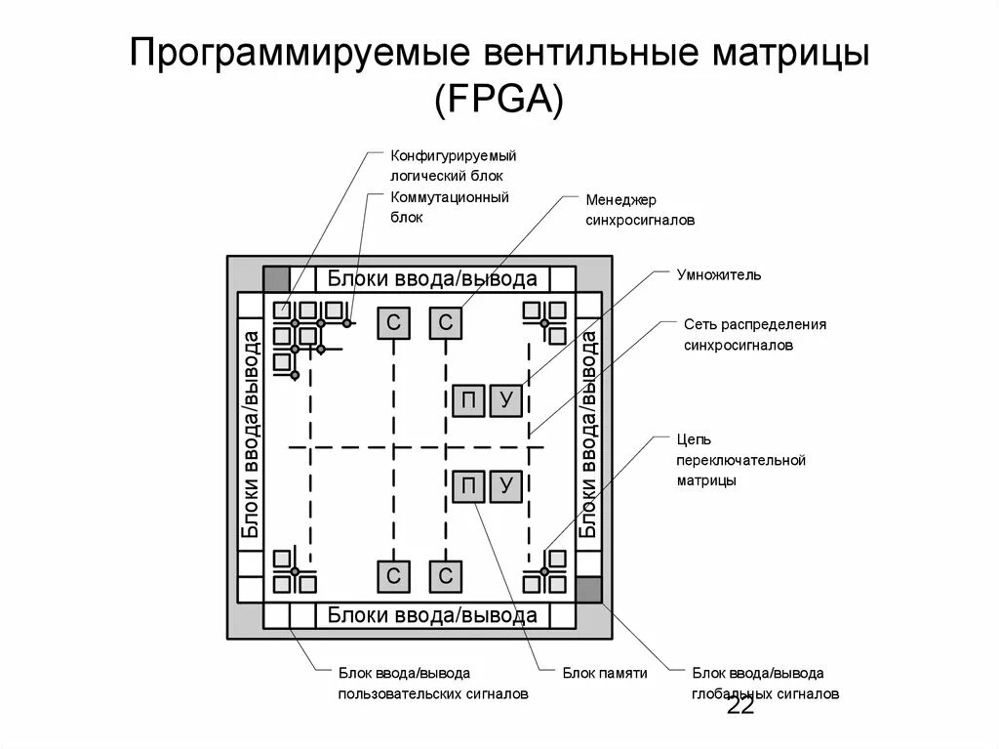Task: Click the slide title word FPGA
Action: coord(499,100)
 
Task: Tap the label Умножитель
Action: coord(719,274)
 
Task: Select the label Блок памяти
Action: coord(605,673)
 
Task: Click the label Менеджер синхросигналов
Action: coord(640,210)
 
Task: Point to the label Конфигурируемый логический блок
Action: coord(453,165)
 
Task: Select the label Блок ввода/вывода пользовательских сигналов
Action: coord(433,684)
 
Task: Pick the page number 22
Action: coord(740,706)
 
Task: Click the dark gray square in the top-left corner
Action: coord(277,278)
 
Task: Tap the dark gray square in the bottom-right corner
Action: coord(588,590)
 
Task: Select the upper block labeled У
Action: coord(505,400)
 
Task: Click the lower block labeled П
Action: coord(467,486)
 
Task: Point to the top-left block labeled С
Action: coord(393,323)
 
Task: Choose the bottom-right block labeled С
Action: coord(446,576)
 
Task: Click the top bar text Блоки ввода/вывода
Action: coord(432,279)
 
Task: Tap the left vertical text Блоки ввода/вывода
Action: coord(251,435)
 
